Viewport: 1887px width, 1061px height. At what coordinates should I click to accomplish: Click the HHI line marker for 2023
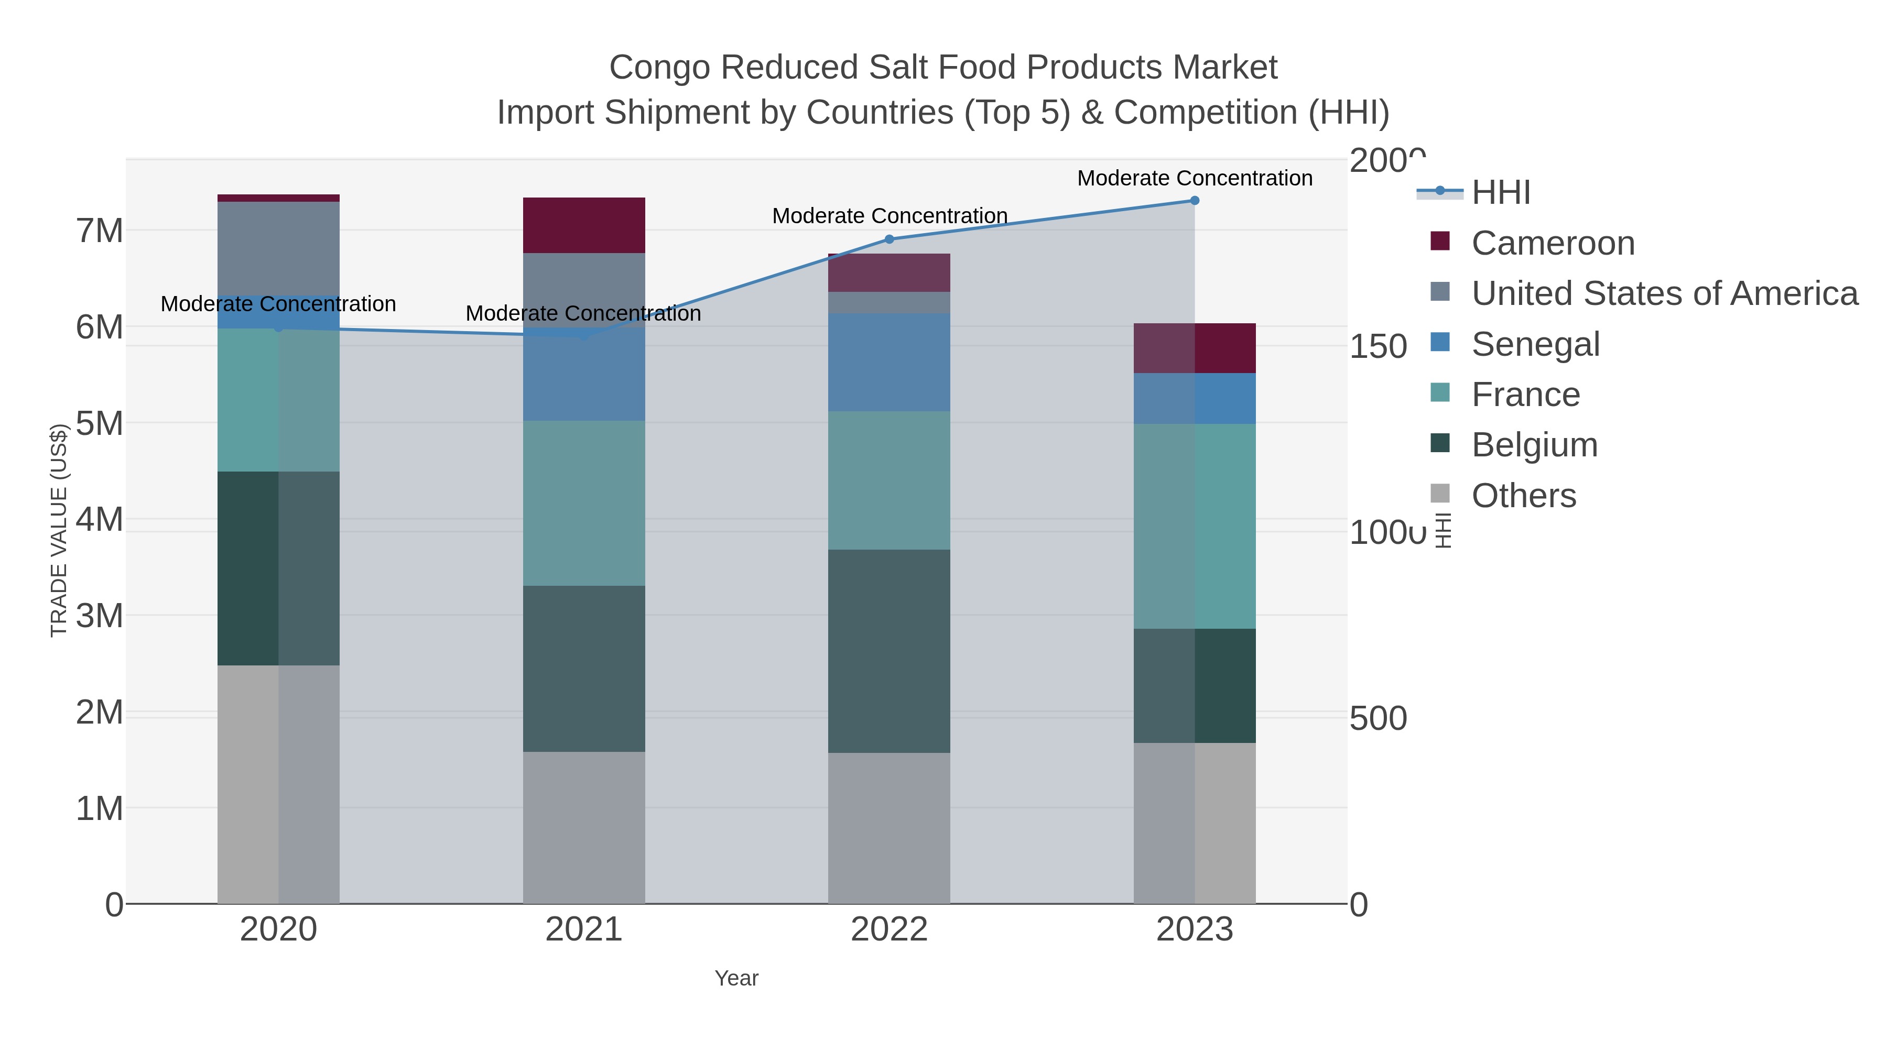point(1194,201)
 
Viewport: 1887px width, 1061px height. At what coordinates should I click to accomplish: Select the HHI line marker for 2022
point(890,239)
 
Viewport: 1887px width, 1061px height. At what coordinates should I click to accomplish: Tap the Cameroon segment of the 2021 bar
point(584,225)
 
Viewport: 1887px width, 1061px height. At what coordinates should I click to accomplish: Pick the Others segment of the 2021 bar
point(584,827)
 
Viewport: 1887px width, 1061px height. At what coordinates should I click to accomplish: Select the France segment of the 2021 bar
point(584,503)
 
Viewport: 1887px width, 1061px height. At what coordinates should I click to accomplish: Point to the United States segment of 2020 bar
point(278,247)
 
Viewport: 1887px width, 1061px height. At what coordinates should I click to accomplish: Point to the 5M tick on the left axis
point(100,423)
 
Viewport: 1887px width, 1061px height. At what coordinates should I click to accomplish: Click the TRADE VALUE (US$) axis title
point(59,531)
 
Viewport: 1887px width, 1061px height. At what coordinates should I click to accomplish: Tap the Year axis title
point(736,978)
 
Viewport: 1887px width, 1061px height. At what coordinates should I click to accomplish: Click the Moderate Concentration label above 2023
point(1194,178)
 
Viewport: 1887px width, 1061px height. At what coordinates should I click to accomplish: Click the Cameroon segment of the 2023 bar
point(1194,348)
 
